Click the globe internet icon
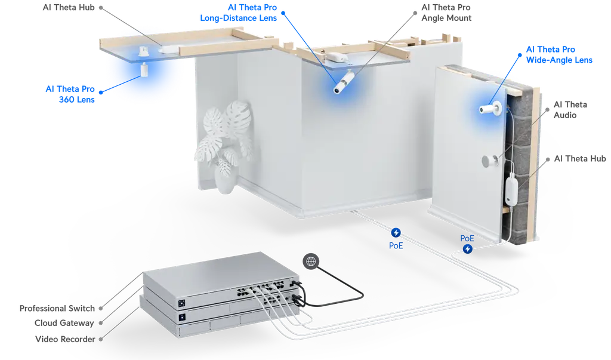[310, 261]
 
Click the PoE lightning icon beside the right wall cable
[469, 248]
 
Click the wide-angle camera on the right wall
[490, 109]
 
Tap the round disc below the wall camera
[490, 161]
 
